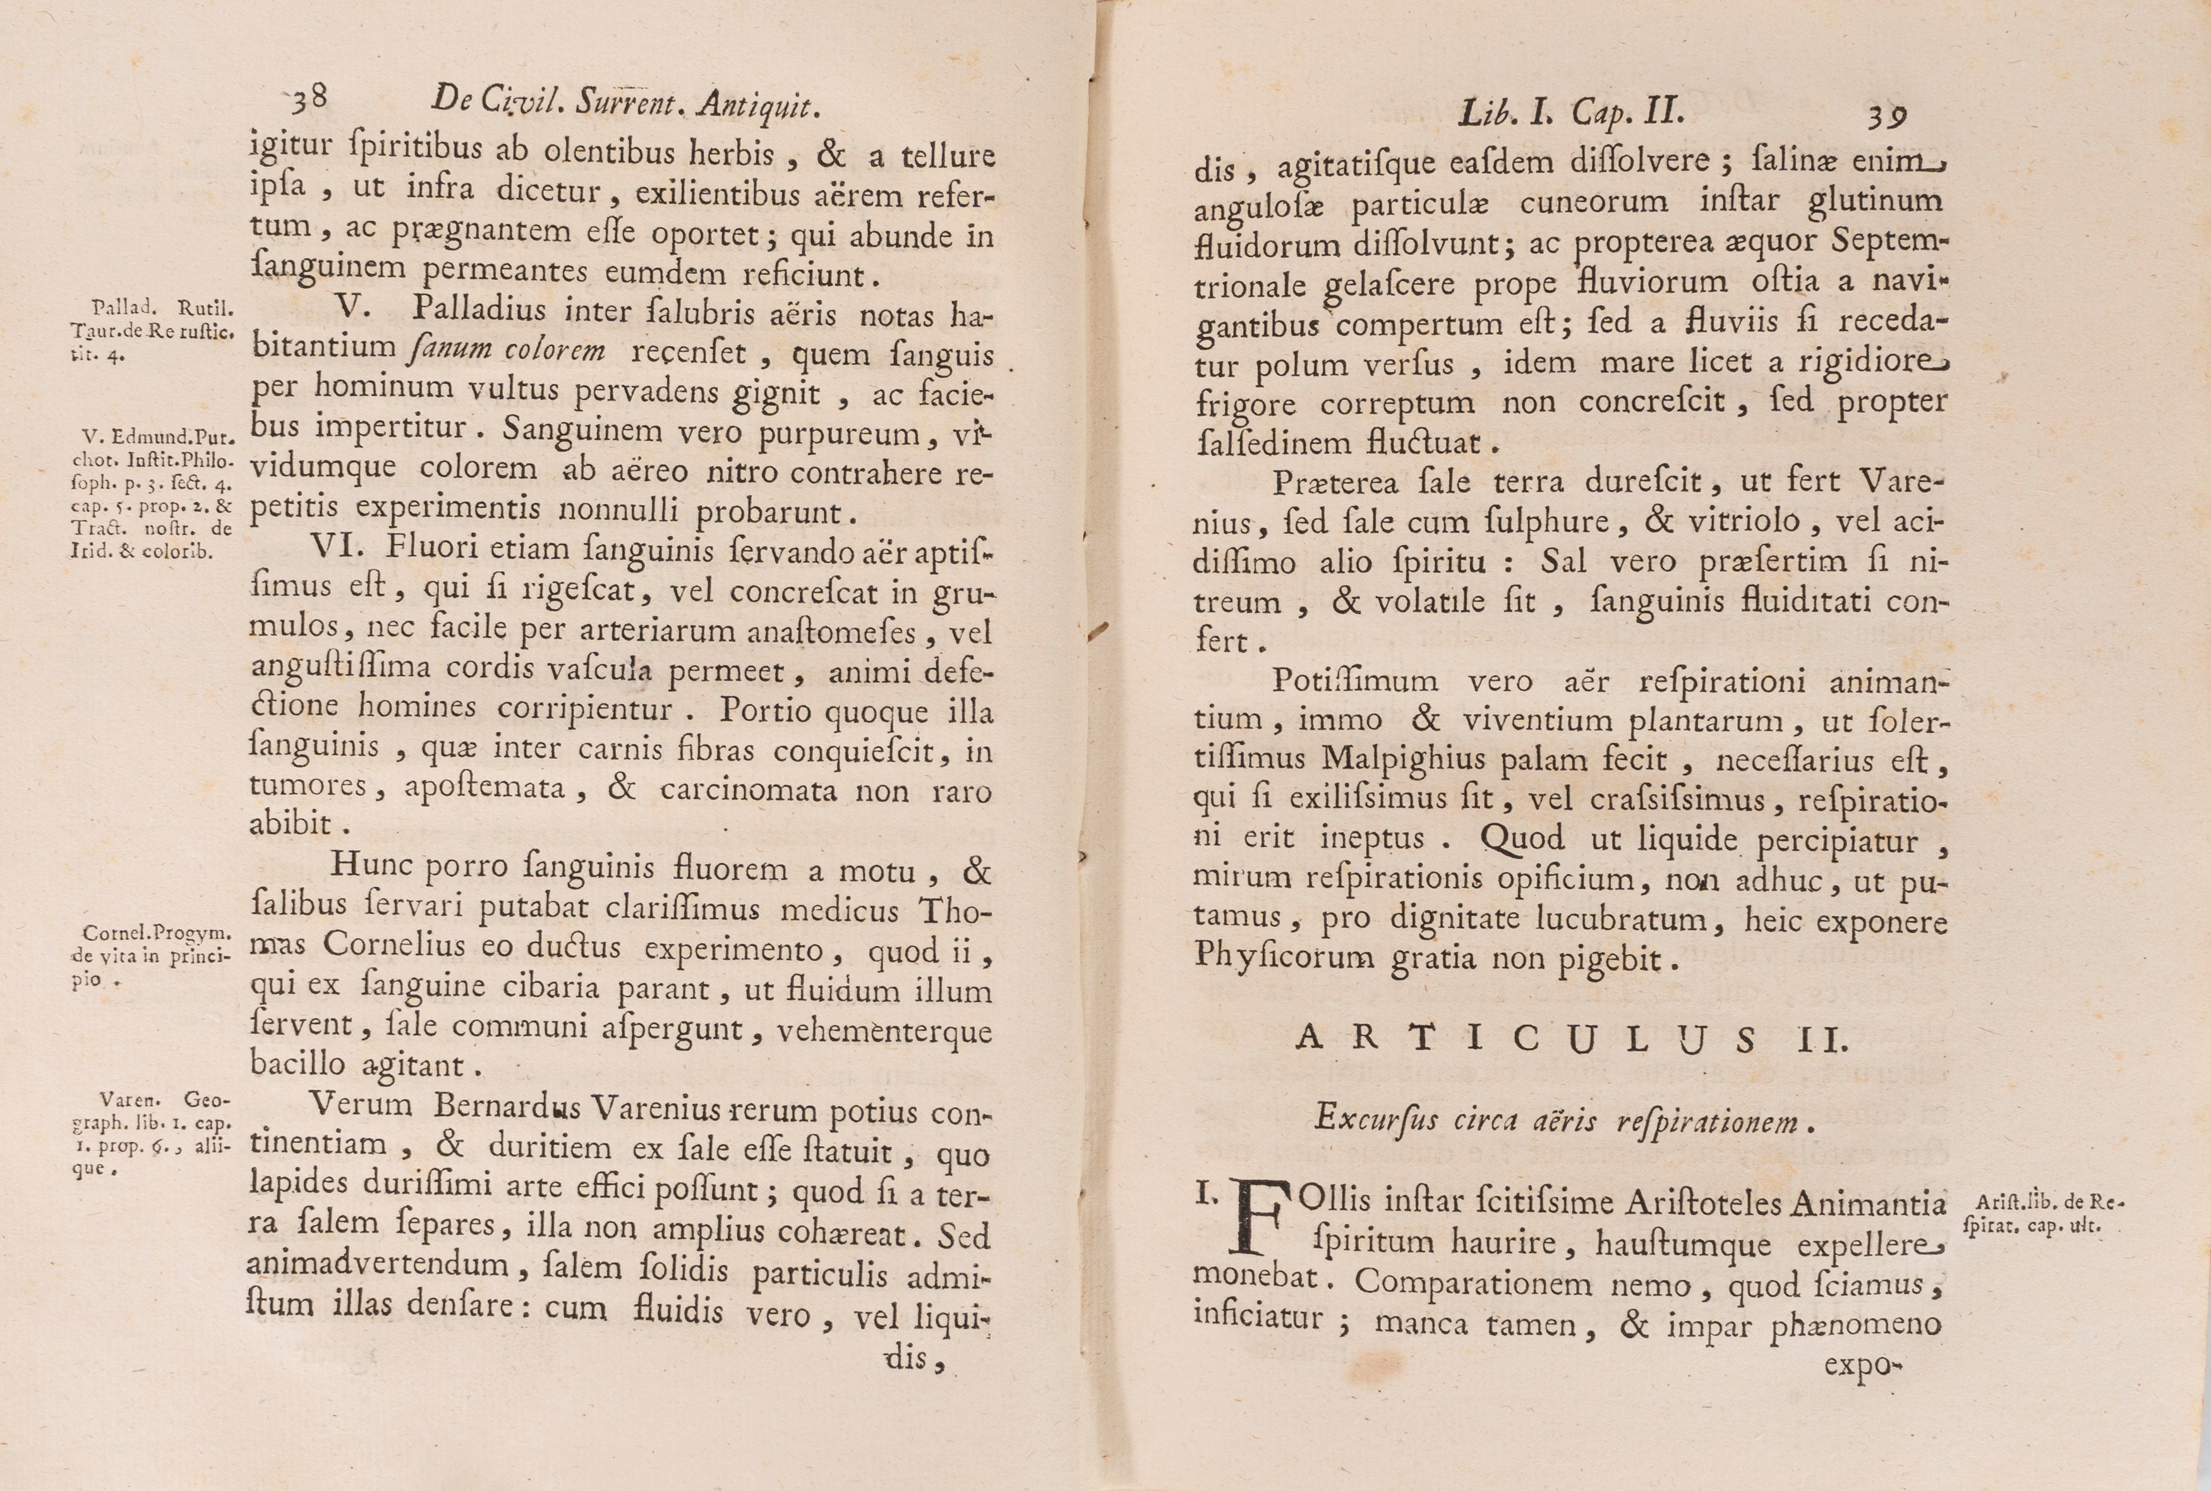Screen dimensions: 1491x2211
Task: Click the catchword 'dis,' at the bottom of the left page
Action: click(915, 1360)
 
